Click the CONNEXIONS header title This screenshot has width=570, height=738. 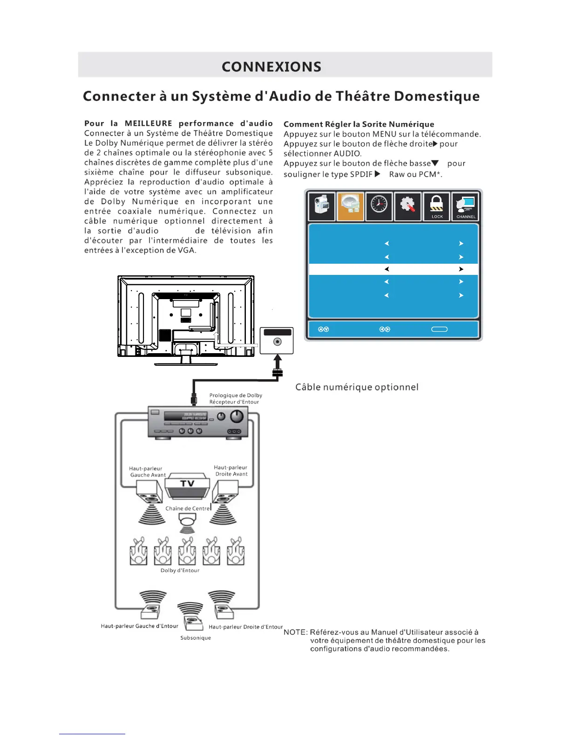click(x=271, y=67)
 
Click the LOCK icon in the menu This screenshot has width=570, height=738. click(x=436, y=206)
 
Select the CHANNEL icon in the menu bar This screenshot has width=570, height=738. click(x=465, y=206)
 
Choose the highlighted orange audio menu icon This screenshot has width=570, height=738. click(x=350, y=206)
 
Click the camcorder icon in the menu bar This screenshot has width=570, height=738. click(x=321, y=206)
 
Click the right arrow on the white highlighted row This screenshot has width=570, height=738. click(x=461, y=269)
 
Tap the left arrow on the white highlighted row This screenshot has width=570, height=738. click(x=387, y=269)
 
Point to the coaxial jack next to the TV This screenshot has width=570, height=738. click(x=278, y=342)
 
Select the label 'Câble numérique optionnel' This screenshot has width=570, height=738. click(x=357, y=387)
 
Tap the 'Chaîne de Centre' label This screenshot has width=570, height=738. click(x=188, y=508)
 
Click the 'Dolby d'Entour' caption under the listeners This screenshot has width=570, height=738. click(x=180, y=570)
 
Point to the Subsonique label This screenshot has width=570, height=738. click(x=196, y=638)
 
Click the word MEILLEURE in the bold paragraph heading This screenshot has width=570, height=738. click(x=149, y=123)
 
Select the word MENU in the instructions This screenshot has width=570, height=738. click(x=384, y=134)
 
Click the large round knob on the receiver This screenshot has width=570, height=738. click(x=237, y=416)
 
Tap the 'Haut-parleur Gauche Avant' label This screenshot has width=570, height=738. click(x=147, y=472)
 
